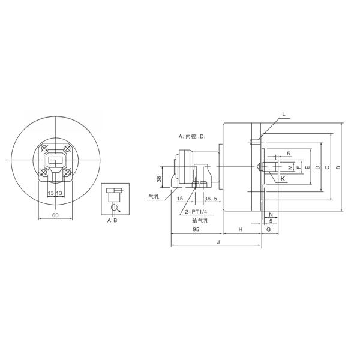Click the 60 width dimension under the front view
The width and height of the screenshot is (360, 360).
pyautogui.click(x=55, y=214)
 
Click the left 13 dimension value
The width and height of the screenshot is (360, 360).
pyautogui.click(x=50, y=193)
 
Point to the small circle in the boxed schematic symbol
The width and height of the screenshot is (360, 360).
pyautogui.click(x=114, y=208)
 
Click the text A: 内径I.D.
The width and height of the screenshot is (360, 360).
pyautogui.click(x=192, y=137)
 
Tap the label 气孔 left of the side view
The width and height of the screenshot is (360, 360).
pyautogui.click(x=154, y=196)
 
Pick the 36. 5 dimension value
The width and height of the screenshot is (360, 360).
pyautogui.click(x=211, y=199)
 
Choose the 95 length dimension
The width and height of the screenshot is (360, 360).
pyautogui.click(x=196, y=230)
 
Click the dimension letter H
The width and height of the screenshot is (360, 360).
pyautogui.click(x=240, y=230)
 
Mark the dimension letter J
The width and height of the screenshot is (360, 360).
pyautogui.click(x=217, y=242)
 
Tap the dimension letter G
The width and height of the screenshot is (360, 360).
pyautogui.click(x=268, y=230)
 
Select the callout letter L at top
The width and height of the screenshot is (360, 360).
pyautogui.click(x=284, y=114)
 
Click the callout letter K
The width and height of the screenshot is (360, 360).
pyautogui.click(x=283, y=178)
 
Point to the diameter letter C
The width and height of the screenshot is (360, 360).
pyautogui.click(x=326, y=168)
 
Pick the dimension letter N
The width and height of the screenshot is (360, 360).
pyautogui.click(x=271, y=214)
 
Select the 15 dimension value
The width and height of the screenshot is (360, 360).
pyautogui.click(x=180, y=199)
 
